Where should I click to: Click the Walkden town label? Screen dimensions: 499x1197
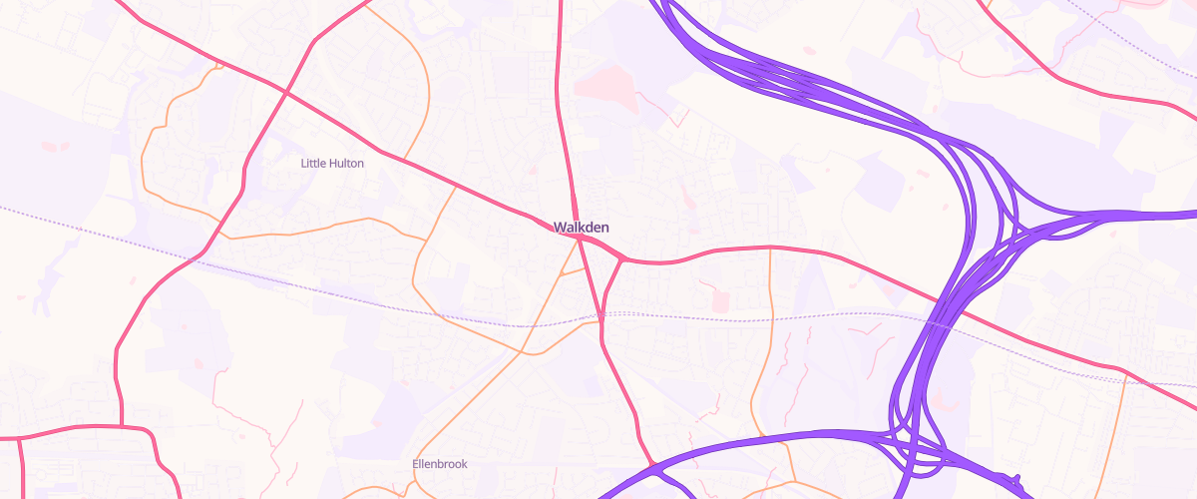coord(581,228)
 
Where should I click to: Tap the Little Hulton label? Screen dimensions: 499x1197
coord(332,163)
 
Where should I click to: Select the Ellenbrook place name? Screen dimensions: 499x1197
coord(440,464)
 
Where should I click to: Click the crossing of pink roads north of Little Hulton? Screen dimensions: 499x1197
coord(287,91)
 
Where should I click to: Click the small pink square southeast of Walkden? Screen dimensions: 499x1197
coord(720,300)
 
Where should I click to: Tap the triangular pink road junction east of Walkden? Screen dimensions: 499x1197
coord(620,259)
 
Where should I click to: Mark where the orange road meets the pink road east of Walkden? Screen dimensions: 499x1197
coord(771,248)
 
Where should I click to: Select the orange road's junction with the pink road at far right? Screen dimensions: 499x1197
coord(1126,378)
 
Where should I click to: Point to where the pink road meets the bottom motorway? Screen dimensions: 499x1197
coord(651,464)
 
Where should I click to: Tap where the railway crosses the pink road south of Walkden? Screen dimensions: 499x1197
coord(601,317)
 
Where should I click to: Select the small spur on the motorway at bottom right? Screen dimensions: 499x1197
coord(1016,478)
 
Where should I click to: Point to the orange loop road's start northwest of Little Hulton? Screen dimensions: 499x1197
coord(217,67)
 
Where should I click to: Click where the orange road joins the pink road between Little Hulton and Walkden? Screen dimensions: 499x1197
coord(456,186)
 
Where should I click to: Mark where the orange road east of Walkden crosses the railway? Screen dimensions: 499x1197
coord(773,317)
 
